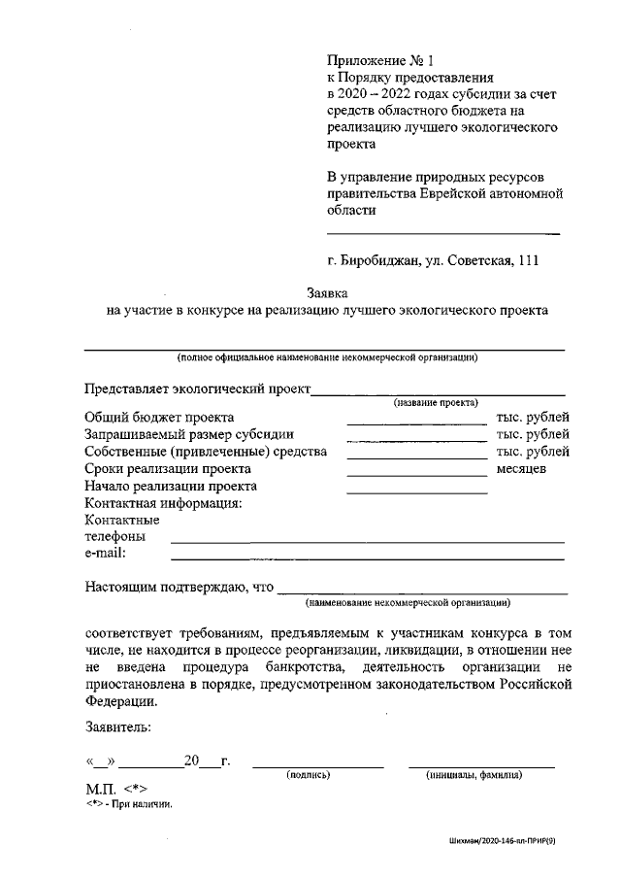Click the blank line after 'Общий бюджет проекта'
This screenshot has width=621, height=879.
(x=417, y=417)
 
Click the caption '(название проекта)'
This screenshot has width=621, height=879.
(x=435, y=402)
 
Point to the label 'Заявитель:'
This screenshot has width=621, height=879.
(x=117, y=725)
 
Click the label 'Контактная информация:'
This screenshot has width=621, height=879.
(x=163, y=503)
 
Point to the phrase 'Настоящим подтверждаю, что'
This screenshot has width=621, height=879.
(x=180, y=587)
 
